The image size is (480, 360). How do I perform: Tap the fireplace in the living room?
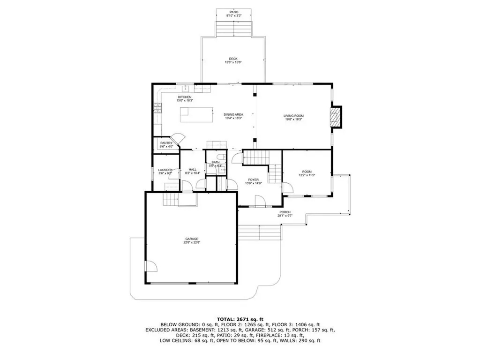tap(335, 117)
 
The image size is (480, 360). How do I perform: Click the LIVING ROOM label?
tap(293, 116)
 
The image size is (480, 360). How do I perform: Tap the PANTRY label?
tap(166, 143)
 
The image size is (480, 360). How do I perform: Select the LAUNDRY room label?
tap(165, 170)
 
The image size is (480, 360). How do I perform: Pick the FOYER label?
tap(253, 179)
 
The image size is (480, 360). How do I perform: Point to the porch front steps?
tap(259, 233)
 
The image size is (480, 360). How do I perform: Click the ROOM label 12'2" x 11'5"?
tap(307, 172)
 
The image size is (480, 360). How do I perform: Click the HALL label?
tap(192, 170)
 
